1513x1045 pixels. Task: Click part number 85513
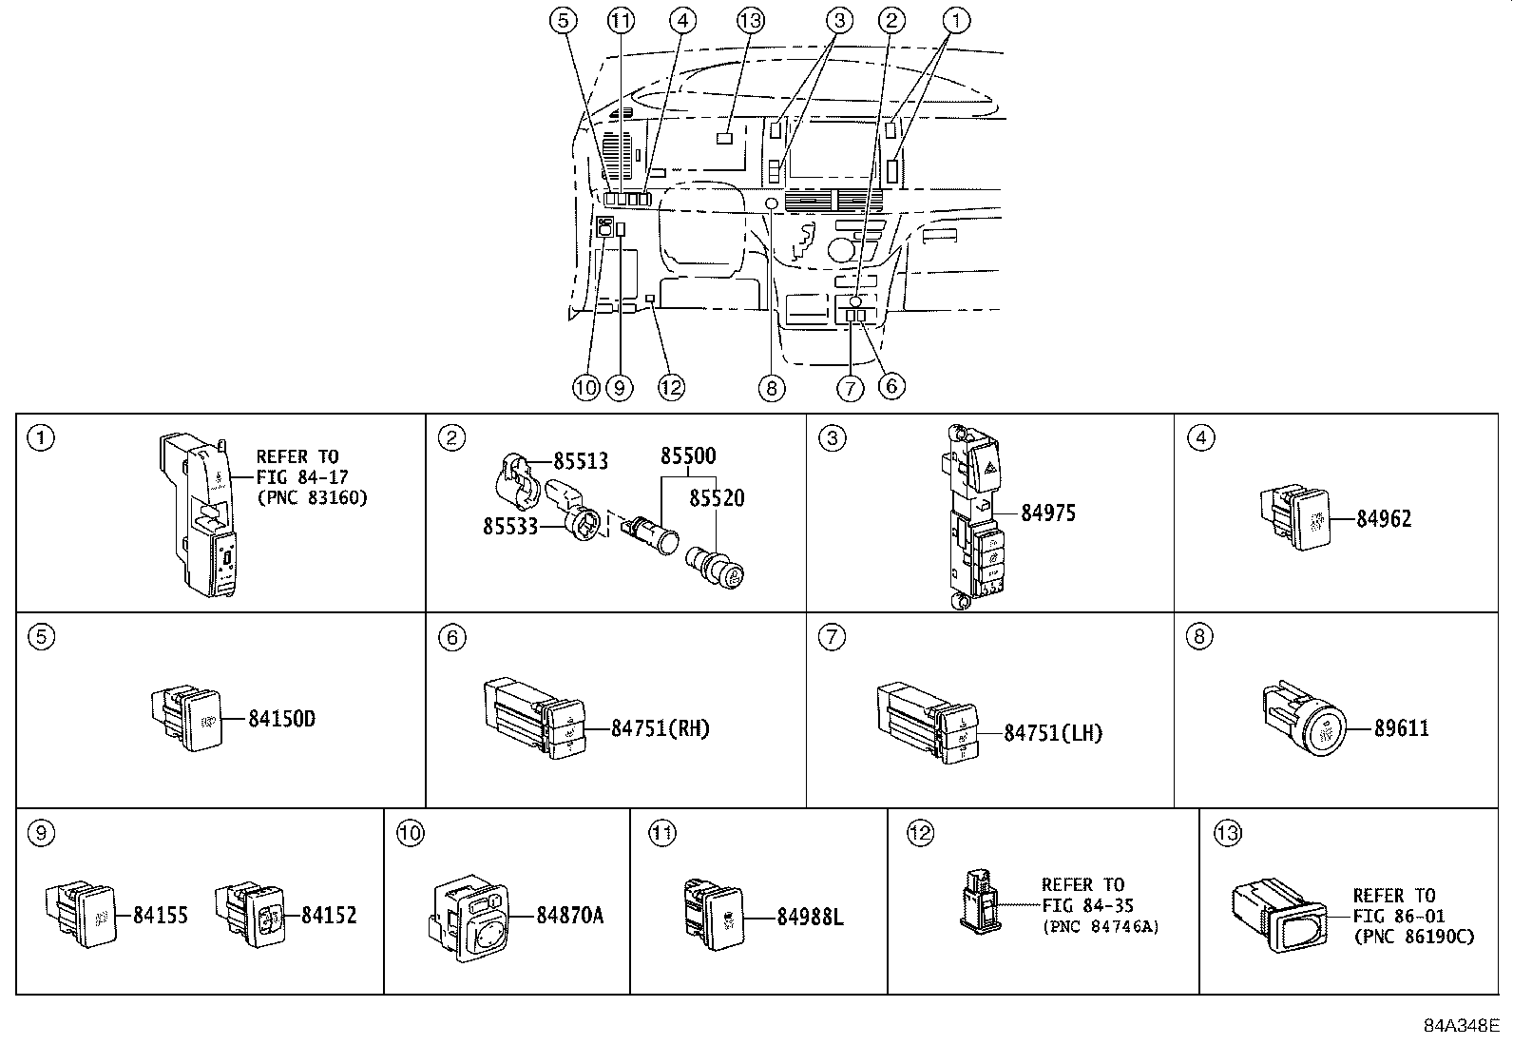(581, 461)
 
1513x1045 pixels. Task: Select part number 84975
(1048, 513)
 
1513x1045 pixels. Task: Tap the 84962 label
(1384, 519)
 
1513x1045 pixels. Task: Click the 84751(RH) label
(660, 729)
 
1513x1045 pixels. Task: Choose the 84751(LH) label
(1053, 733)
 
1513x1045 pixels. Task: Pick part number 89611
(1402, 729)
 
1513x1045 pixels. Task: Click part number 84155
(161, 916)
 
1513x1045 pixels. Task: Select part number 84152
(329, 916)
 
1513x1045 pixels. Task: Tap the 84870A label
(569, 916)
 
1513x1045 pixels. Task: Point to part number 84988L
(810, 917)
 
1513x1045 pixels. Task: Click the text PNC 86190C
(1413, 937)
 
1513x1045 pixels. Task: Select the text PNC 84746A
(1101, 926)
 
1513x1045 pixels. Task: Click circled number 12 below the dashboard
(671, 387)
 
